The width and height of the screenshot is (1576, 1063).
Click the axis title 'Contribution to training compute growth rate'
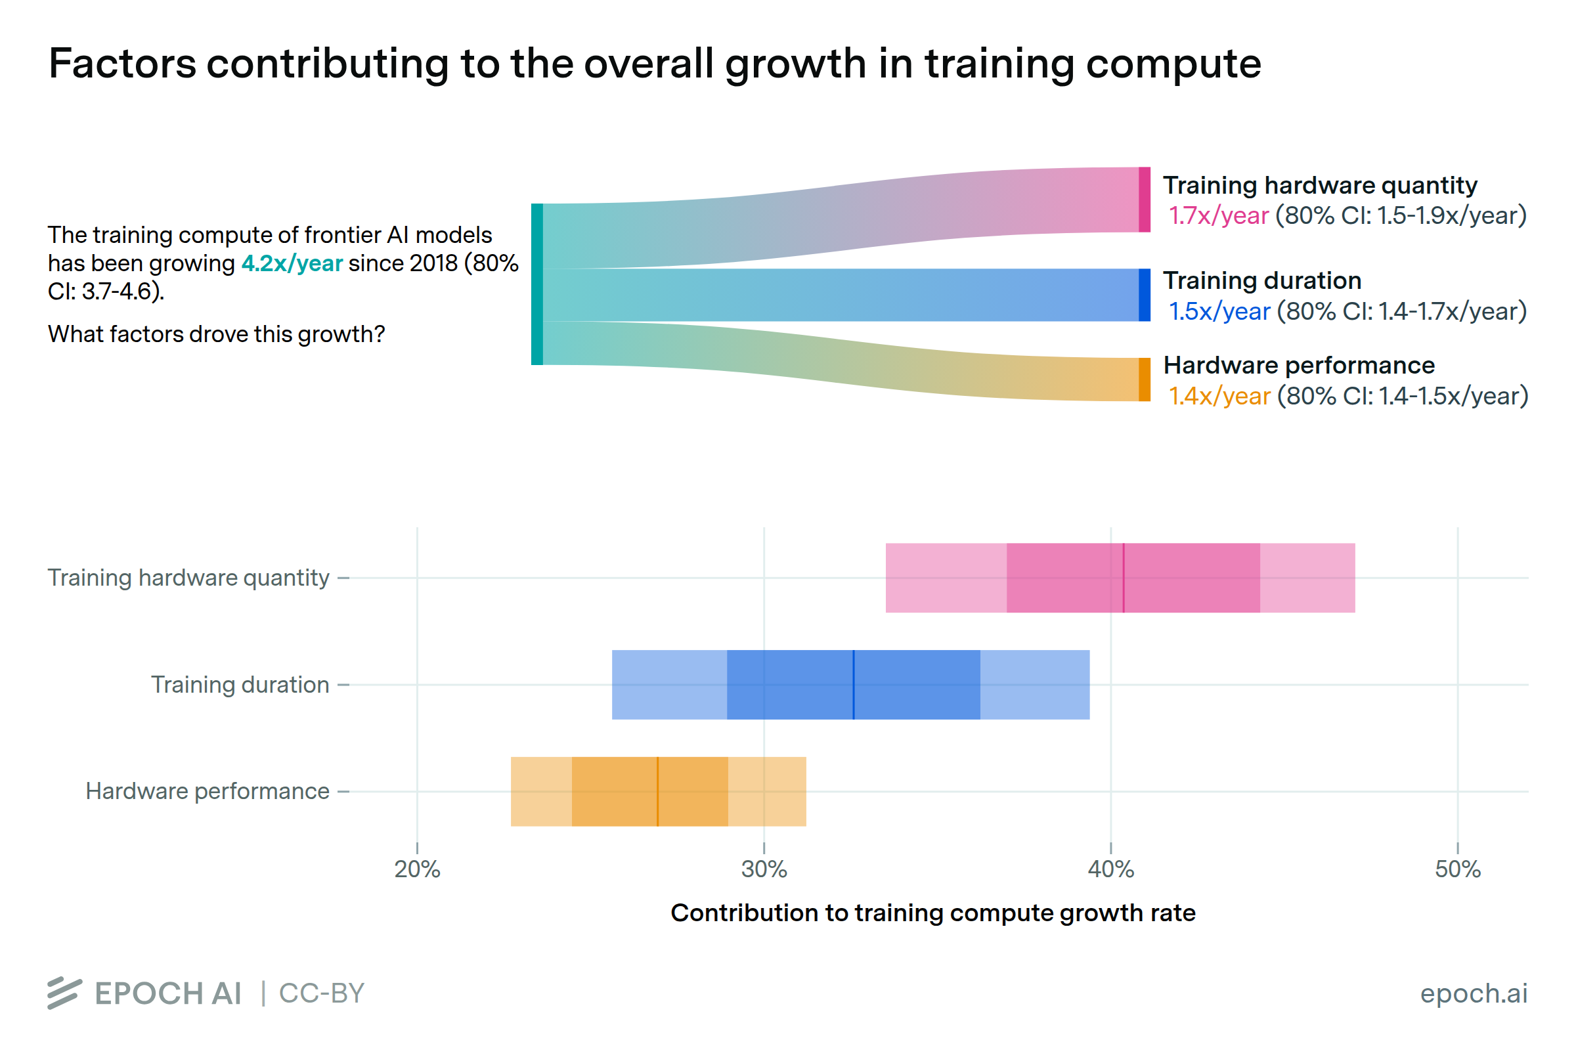pyautogui.click(x=932, y=913)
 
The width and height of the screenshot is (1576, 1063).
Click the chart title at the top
pyautogui.click(x=654, y=64)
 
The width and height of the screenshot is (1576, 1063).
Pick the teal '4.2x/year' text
pyautogui.click(x=292, y=263)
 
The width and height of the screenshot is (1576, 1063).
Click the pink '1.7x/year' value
pyautogui.click(x=1218, y=215)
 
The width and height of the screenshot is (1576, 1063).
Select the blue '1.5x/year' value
pyautogui.click(x=1219, y=311)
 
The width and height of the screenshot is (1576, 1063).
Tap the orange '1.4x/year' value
pyautogui.click(x=1219, y=396)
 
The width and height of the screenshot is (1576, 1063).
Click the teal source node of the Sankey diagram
pyautogui.click(x=537, y=284)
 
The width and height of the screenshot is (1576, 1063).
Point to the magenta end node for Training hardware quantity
pyautogui.click(x=1144, y=200)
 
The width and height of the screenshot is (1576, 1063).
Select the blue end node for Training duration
pyautogui.click(x=1144, y=295)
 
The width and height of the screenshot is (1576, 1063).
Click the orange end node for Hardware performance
pyautogui.click(x=1144, y=380)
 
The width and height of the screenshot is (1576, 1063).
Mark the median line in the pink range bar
pyautogui.click(x=1123, y=578)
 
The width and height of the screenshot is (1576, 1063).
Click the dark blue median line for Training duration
pyautogui.click(x=854, y=685)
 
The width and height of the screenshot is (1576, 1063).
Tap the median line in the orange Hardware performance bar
pyautogui.click(x=657, y=791)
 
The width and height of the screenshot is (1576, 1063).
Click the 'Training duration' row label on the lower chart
pyautogui.click(x=239, y=685)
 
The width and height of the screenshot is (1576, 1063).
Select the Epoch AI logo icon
pyautogui.click(x=64, y=993)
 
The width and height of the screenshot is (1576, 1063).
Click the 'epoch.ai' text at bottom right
pyautogui.click(x=1473, y=993)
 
